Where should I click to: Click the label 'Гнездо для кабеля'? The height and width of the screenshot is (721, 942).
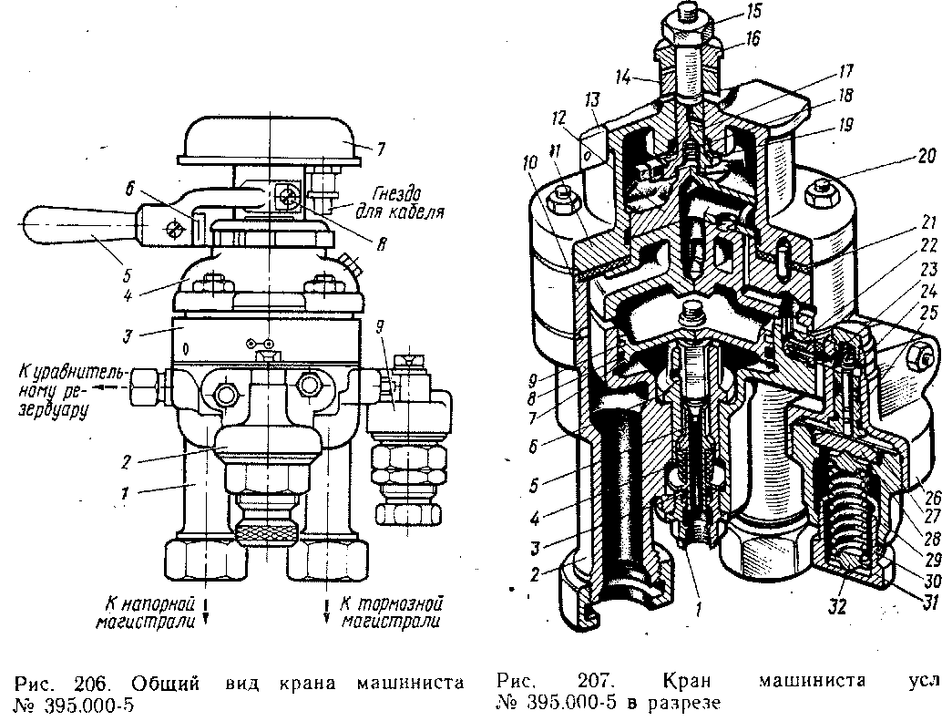tap(409, 205)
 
